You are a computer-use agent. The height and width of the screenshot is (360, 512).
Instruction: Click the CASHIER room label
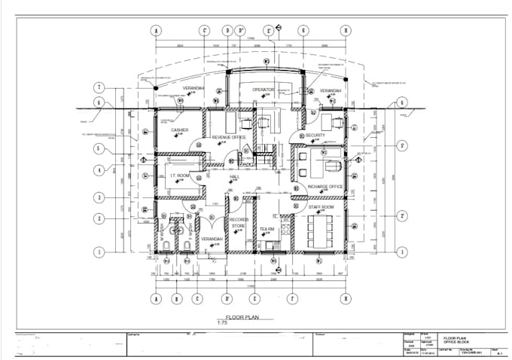tap(179, 130)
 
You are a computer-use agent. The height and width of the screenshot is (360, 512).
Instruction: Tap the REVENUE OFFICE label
tap(230, 138)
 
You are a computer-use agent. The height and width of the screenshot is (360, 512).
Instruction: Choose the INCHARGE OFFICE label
tap(325, 186)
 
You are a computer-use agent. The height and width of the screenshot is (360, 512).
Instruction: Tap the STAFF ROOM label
tap(323, 206)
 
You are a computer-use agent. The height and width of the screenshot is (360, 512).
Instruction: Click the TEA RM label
tap(267, 229)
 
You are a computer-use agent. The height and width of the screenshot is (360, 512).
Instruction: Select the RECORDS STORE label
tap(238, 223)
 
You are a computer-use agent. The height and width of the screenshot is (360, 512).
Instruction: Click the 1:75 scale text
tap(222, 324)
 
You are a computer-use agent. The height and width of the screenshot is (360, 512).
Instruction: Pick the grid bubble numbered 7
tap(98, 87)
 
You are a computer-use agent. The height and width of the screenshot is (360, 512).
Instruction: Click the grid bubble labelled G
tap(302, 31)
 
